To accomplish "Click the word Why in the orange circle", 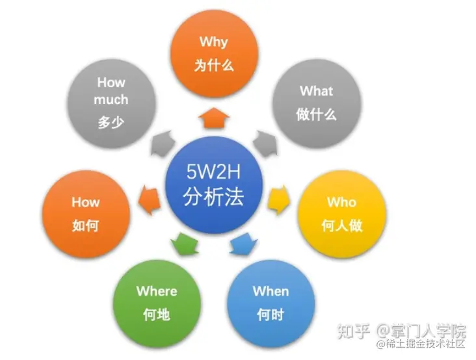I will point(213,42).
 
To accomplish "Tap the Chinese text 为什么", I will point(213,65).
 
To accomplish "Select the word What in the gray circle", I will point(316,91).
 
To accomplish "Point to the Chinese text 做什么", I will point(316,114).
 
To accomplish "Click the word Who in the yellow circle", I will point(342,202).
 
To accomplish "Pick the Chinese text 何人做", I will point(342,225).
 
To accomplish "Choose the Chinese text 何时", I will point(271,315).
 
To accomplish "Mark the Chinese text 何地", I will point(157,315).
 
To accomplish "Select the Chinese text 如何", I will point(86,225).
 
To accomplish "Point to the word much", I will point(111,100).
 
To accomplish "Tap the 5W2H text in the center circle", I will point(213,174).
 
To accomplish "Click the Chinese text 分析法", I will point(213,197).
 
